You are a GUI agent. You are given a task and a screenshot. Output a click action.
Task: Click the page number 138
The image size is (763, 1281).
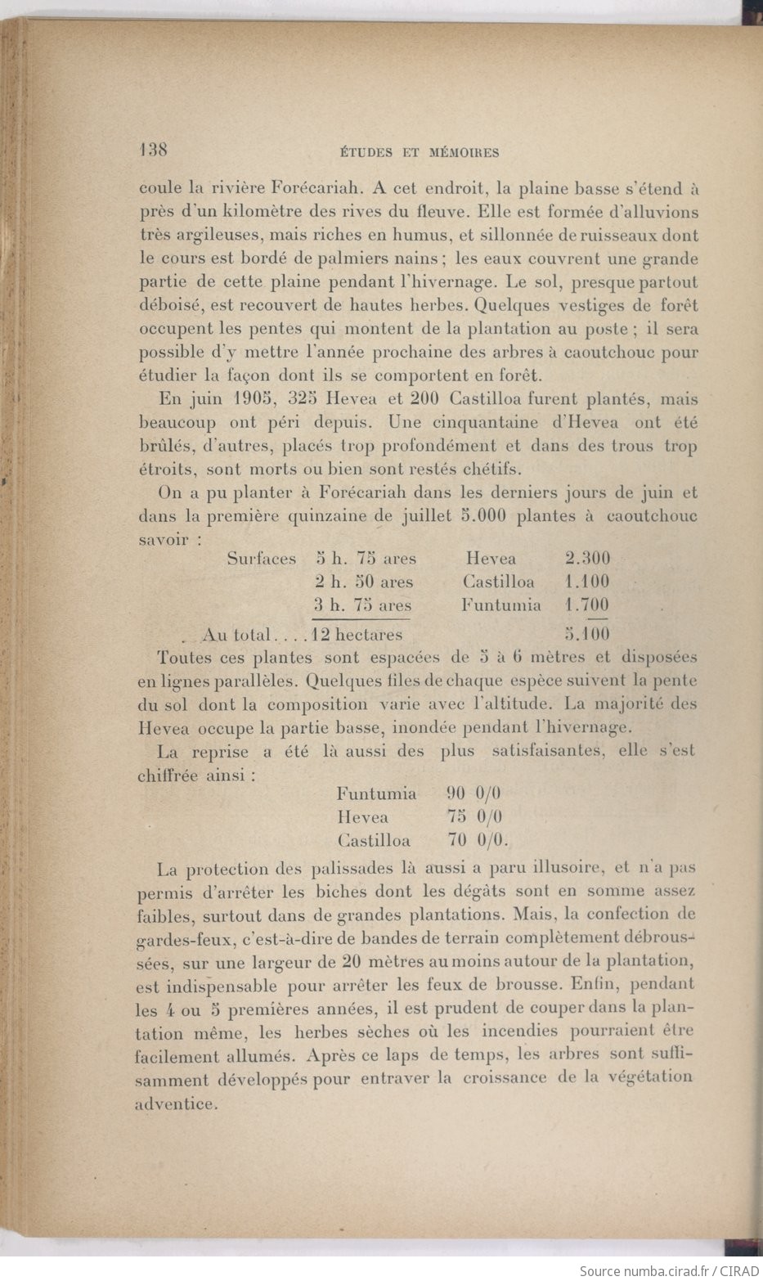[153, 150]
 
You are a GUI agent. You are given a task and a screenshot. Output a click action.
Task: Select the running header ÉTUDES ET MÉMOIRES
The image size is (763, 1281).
[417, 152]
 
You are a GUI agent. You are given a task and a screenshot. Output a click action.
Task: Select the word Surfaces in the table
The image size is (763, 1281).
[262, 560]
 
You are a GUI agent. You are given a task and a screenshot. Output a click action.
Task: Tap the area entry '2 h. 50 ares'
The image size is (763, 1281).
[364, 582]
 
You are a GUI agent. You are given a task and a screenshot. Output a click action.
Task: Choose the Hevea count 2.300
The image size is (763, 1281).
[586, 560]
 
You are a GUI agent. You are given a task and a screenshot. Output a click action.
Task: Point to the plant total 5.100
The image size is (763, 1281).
[586, 634]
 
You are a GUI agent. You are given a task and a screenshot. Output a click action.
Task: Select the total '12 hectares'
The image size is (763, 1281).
[353, 634]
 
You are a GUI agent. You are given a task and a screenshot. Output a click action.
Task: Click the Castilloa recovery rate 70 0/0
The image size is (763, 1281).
[478, 840]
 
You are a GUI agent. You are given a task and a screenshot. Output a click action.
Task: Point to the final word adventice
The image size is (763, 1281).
[176, 1103]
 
